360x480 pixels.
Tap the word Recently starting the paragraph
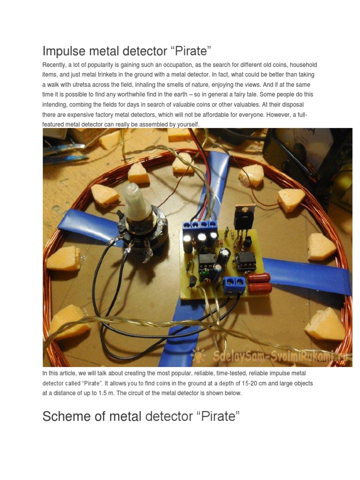tap(55, 64)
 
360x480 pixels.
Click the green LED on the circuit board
tap(204, 271)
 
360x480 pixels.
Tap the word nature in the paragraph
tap(236, 84)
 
